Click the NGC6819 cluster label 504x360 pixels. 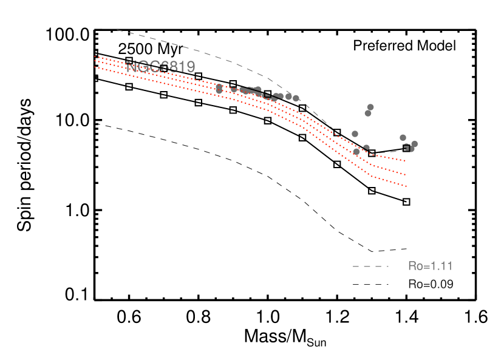[161, 67]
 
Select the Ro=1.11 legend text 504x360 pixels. [430, 266]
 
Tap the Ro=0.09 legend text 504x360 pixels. [430, 284]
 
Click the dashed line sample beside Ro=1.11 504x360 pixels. [370, 267]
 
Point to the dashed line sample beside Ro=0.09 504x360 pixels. [370, 285]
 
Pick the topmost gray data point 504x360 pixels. [370, 107]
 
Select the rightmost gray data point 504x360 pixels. [414, 144]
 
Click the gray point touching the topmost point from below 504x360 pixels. [368, 113]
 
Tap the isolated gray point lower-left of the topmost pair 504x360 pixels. [355, 134]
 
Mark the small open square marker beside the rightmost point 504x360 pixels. [407, 148]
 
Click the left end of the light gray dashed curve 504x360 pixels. [117, 30]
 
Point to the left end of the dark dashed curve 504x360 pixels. [95, 123]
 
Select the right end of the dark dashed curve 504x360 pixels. [406, 248]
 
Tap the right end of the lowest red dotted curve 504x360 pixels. [406, 186]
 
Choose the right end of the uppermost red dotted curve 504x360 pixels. [406, 161]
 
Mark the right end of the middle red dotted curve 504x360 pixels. [406, 174]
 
